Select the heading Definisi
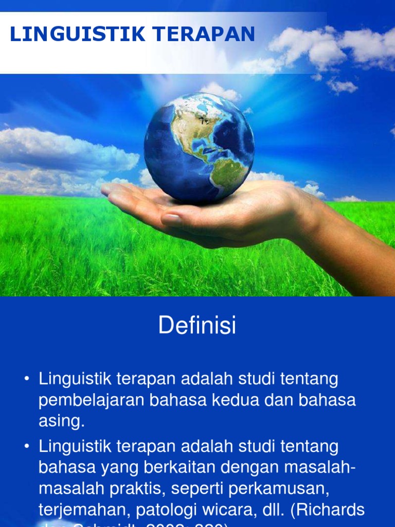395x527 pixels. [197, 326]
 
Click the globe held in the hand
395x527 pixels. [199, 147]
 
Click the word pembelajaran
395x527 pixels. [91, 401]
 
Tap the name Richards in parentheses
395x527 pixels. [334, 511]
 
